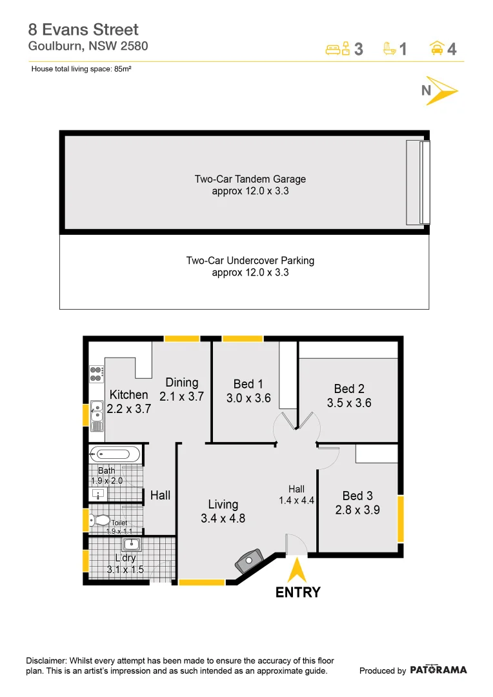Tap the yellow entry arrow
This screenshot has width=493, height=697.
coord(297,571)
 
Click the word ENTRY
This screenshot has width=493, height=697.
coord(297,592)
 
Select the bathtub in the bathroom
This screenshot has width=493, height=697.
coord(114,454)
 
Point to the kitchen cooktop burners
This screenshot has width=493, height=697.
coord(96,374)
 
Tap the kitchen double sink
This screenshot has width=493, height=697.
coord(96,415)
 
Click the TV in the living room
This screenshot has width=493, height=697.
coord(249,561)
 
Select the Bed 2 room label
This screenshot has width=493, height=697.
coord(349,389)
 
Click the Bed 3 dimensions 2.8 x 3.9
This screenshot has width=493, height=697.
coord(357,509)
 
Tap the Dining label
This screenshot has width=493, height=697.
coord(181,383)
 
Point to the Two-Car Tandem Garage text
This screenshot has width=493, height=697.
coord(250,179)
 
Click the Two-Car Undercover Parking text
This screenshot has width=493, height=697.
coord(250,261)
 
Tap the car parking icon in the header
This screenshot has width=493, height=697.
coord(437,48)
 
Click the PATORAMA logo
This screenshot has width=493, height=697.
coord(438,670)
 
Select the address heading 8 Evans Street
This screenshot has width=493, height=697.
coord(83,30)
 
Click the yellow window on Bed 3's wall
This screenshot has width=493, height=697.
coord(401,518)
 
